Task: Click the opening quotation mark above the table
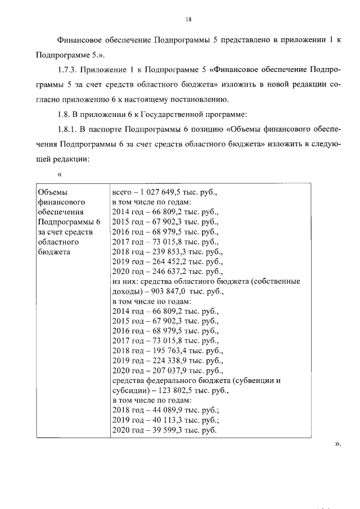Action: [x=59, y=173]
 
